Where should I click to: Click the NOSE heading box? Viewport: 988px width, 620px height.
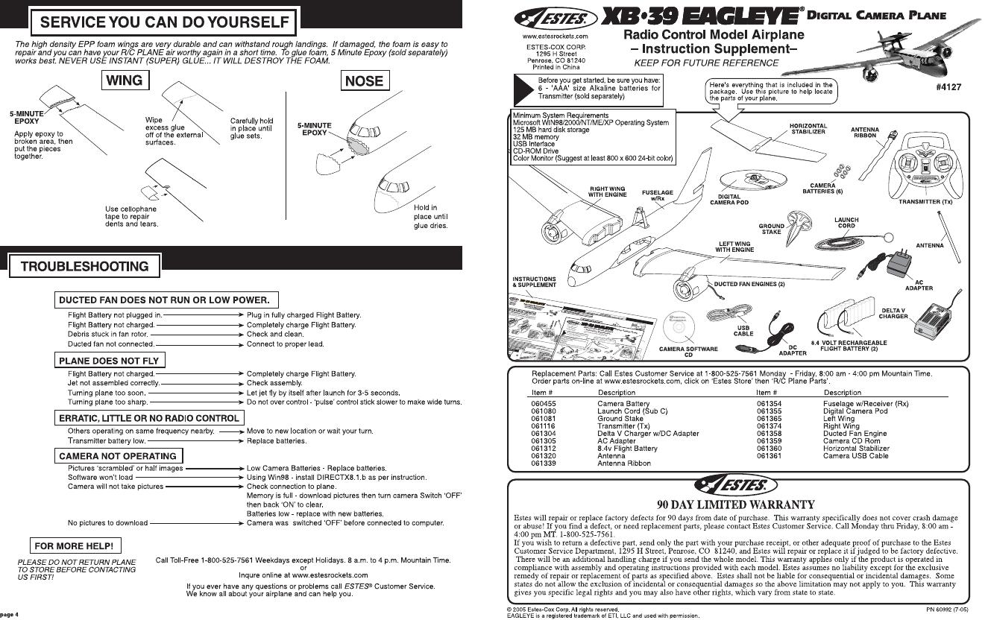tap(365, 80)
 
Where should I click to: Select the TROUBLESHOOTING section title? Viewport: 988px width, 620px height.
tap(84, 266)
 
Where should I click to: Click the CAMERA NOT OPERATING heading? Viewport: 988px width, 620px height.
tap(118, 455)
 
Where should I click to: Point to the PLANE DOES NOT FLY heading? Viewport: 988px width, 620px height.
tap(109, 361)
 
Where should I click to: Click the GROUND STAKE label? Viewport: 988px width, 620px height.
tap(772, 229)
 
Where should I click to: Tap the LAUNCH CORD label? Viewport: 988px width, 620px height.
tap(846, 222)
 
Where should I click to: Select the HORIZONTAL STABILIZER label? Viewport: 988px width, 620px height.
tap(808, 128)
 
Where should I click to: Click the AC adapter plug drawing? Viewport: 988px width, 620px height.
tap(892, 262)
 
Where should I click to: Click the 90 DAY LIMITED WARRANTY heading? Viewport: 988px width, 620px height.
tap(735, 504)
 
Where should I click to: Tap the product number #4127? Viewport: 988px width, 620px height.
tap(948, 87)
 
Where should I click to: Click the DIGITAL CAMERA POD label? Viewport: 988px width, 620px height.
tap(729, 199)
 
